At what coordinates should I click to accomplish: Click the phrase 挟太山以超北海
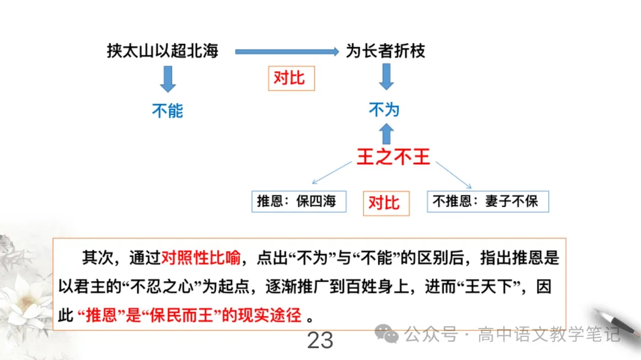click(163, 52)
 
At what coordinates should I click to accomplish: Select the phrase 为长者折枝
click(386, 52)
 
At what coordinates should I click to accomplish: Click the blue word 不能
click(168, 110)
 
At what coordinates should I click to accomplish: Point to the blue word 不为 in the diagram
click(385, 110)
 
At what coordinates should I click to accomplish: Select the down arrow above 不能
click(169, 79)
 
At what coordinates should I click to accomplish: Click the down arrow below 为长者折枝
click(386, 77)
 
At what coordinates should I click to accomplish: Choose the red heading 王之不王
click(393, 157)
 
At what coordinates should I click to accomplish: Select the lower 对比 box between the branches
click(383, 202)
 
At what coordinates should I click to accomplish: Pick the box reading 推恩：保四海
click(297, 202)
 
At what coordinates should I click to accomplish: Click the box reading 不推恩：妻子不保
click(487, 202)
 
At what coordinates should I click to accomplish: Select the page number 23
click(320, 340)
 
